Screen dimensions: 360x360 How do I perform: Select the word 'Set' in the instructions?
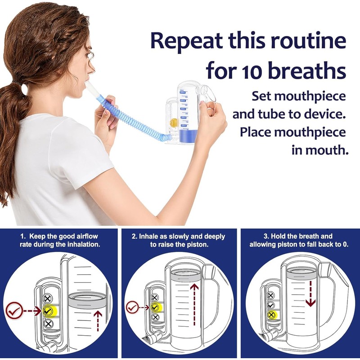click(263, 96)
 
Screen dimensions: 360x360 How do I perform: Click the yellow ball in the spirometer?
click(173, 122)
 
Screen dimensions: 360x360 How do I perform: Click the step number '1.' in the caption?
click(23, 236)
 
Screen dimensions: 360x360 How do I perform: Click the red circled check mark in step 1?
click(13, 310)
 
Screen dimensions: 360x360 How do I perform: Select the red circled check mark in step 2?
click(132, 307)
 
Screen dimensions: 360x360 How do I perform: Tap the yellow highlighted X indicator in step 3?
click(271, 315)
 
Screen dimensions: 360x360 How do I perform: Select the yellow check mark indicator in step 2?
click(155, 307)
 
